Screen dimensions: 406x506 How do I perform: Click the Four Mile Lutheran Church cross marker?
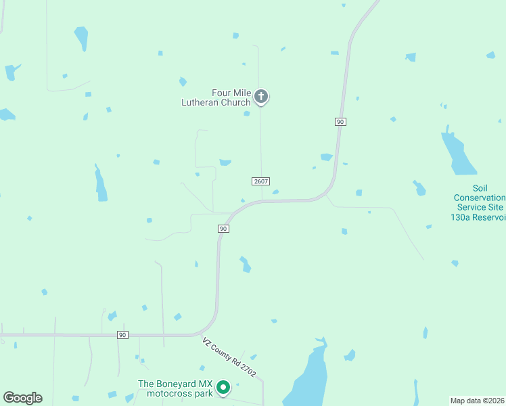(x=262, y=97)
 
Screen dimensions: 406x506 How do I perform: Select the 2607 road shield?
(x=261, y=181)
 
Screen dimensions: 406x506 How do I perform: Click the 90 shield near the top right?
(x=340, y=121)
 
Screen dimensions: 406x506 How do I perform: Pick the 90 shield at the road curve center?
(x=223, y=229)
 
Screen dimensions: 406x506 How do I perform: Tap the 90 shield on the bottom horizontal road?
(x=122, y=335)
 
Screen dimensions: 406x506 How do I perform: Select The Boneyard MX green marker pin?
(x=223, y=388)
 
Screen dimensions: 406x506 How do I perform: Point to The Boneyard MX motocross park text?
(x=175, y=388)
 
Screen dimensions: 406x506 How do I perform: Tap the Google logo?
(x=22, y=397)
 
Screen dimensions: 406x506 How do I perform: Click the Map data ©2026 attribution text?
(x=478, y=400)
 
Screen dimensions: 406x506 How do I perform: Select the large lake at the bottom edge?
(x=308, y=379)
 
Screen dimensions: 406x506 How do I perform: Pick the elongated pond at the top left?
(x=81, y=38)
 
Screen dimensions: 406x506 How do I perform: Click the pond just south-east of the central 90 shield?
(x=245, y=264)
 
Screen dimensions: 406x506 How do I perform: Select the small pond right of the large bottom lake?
(x=350, y=355)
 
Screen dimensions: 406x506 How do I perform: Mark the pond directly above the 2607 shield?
(x=225, y=162)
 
